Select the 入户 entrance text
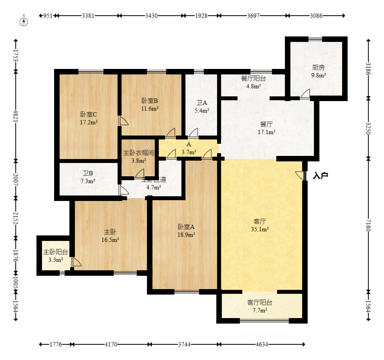tap(320, 176)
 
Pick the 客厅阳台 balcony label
tap(259, 302)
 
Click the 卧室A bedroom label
tap(186, 226)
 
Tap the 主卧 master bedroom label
tap(110, 232)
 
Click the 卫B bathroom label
tap(88, 173)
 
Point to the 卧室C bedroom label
tap(89, 114)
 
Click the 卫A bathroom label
tap(201, 103)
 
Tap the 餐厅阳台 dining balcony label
tap(253, 78)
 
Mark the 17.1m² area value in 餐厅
tap(266, 132)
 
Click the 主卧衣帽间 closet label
tap(139, 152)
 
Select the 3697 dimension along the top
tap(253, 16)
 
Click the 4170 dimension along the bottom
tap(111, 345)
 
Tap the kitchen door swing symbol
tap(305, 94)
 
